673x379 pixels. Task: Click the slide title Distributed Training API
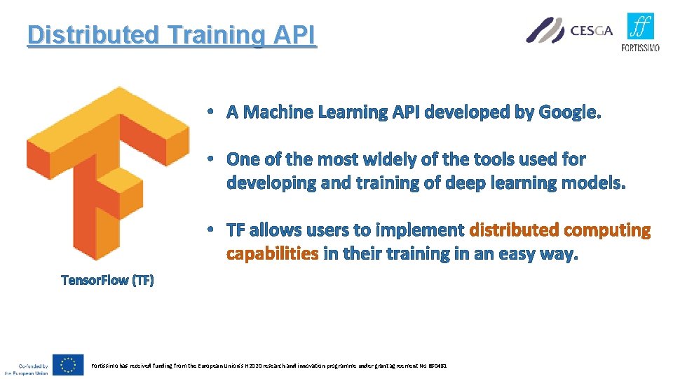coord(172,34)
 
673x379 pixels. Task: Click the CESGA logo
coord(569,30)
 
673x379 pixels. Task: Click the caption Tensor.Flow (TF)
coord(107,280)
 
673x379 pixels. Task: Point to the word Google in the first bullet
coord(567,112)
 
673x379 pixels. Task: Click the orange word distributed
coord(514,230)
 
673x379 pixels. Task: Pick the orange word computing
coord(607,230)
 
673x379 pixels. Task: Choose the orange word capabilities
coord(272,254)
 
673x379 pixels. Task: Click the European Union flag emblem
coord(69,365)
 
